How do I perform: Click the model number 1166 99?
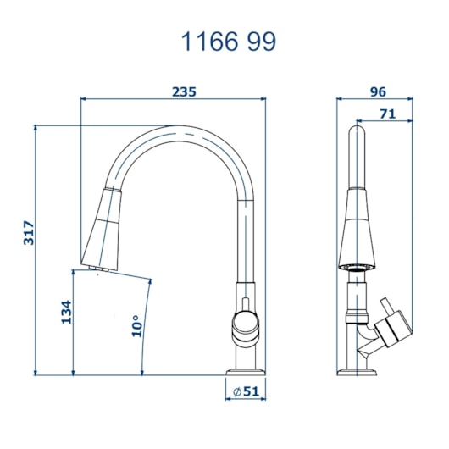[x=229, y=42]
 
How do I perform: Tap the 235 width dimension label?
[x=184, y=92]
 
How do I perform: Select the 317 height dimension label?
[x=29, y=232]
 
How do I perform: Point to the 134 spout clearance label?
[x=66, y=312]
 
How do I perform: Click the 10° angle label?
[x=137, y=326]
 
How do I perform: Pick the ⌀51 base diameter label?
[x=246, y=391]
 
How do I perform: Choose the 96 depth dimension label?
[x=378, y=92]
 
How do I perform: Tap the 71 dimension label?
[x=388, y=114]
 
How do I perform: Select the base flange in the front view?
[x=246, y=372]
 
